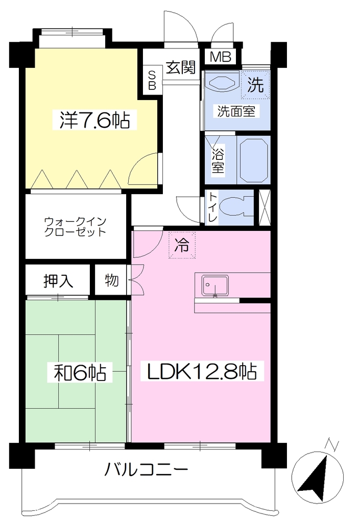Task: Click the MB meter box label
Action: point(220,57)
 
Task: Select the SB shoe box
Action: point(152,80)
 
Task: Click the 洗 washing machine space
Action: point(255,85)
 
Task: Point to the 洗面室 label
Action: point(236,111)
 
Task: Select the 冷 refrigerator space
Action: point(182,245)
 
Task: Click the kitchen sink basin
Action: point(215,286)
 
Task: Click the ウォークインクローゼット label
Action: point(76,226)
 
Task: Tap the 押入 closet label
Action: point(58,281)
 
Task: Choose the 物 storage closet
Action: point(111,280)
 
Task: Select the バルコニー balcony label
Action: point(147,470)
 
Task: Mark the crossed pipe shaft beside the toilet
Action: point(265,207)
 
